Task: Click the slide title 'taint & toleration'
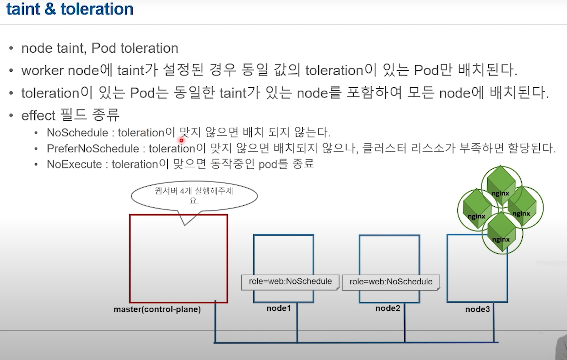click(x=69, y=9)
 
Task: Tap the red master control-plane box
click(x=178, y=259)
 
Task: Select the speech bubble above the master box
click(x=194, y=196)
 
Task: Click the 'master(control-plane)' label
click(x=157, y=309)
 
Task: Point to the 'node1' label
click(x=279, y=308)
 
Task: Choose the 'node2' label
click(x=388, y=308)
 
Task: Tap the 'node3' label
click(x=477, y=309)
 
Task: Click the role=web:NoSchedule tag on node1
click(x=290, y=282)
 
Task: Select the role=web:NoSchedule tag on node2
click(x=391, y=282)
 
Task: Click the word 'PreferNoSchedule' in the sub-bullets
click(x=93, y=149)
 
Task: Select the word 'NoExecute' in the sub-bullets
click(x=74, y=165)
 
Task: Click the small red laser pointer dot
click(x=181, y=140)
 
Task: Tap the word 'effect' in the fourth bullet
click(x=38, y=116)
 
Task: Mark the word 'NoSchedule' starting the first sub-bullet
click(x=78, y=133)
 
